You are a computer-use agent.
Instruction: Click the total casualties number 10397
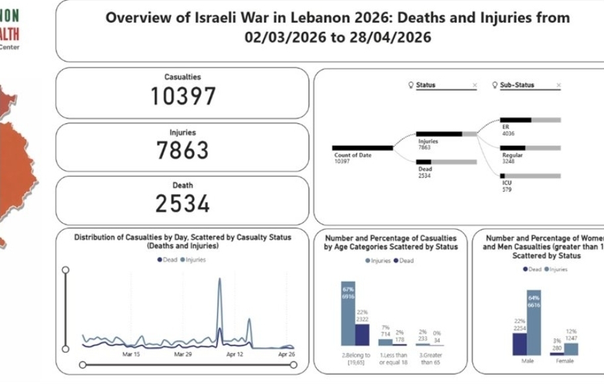pos(183,97)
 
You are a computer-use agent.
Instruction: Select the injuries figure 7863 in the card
pos(183,151)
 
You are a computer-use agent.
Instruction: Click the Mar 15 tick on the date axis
pos(131,354)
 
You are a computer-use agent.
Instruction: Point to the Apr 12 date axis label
pos(235,354)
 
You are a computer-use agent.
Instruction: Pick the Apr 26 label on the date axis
pos(286,354)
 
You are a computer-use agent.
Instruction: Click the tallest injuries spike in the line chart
pos(220,281)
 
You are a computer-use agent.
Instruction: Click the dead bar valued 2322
pos(362,334)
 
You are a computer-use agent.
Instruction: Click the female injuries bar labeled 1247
pos(571,349)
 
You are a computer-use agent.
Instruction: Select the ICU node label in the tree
pos(507,183)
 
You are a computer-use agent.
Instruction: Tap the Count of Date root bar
pos(362,148)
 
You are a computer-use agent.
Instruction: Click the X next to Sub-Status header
pos(559,85)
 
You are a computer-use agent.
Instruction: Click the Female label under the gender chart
pos(565,361)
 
